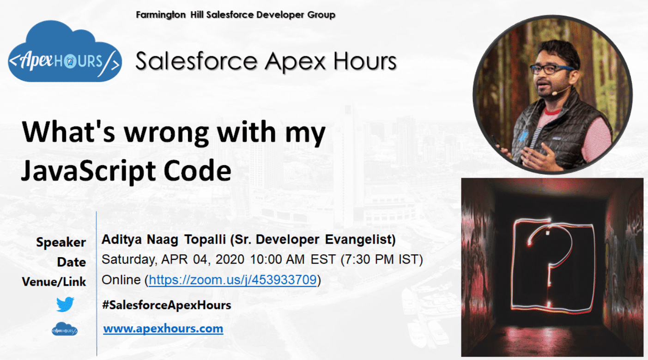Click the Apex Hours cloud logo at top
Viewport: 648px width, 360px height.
coord(65,53)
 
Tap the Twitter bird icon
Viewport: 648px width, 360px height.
coord(65,305)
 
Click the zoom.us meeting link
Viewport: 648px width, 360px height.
coord(233,280)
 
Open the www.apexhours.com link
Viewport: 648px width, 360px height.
coord(163,329)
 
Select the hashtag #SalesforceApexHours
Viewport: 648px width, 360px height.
coord(166,305)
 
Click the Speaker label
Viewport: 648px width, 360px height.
coord(61,242)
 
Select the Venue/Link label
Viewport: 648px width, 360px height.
coord(54,282)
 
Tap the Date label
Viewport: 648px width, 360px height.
coord(71,262)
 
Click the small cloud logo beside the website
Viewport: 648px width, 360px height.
coord(65,329)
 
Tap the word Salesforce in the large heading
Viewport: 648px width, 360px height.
coord(196,61)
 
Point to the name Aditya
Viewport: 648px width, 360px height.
coord(118,240)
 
